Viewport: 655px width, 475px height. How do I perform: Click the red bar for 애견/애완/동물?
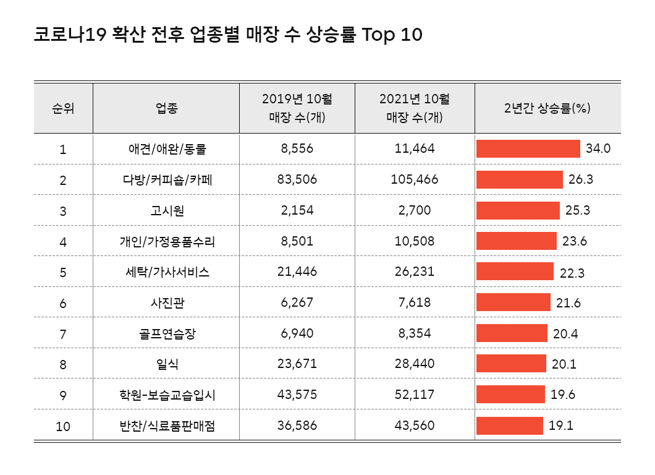point(528,149)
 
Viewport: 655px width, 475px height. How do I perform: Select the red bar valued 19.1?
point(510,426)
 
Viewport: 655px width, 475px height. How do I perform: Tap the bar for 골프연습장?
point(512,333)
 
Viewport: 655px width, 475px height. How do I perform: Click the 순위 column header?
point(63,108)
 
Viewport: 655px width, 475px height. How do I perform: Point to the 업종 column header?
point(166,108)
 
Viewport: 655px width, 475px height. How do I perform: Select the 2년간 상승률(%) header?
point(547,108)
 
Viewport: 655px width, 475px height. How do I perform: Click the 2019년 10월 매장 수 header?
point(297,108)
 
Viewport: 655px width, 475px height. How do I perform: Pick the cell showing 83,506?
point(297,180)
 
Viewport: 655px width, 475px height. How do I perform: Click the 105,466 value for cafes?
point(415,180)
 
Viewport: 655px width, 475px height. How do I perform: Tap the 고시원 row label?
point(166,211)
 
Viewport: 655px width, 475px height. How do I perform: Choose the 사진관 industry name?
point(166,303)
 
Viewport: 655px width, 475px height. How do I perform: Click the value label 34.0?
point(598,149)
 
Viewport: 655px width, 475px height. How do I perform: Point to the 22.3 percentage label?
point(572,272)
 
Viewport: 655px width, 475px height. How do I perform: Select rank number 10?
point(63,426)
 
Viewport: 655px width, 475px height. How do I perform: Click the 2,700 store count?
point(415,211)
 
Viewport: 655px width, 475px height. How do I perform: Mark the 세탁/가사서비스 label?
point(166,272)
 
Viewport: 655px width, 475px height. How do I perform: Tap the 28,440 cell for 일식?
point(415,364)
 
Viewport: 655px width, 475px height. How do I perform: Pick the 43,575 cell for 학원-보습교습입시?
point(297,395)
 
